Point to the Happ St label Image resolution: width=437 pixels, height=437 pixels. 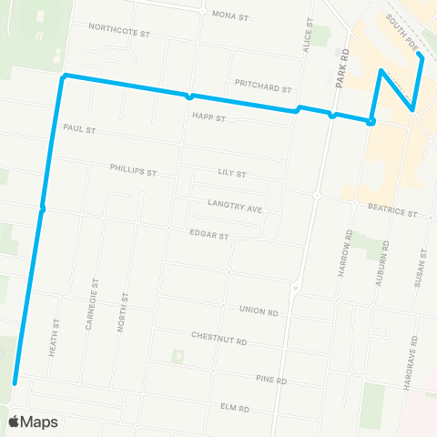click(x=208, y=117)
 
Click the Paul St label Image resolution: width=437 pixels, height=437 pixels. click(x=79, y=128)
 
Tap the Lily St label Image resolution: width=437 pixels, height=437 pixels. click(x=233, y=172)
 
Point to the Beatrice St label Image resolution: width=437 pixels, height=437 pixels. click(x=392, y=214)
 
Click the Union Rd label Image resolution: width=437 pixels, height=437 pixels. click(x=259, y=311)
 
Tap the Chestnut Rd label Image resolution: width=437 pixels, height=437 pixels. click(x=219, y=336)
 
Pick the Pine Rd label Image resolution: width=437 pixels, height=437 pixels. click(x=271, y=380)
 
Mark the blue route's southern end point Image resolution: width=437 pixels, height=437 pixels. click(x=15, y=383)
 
